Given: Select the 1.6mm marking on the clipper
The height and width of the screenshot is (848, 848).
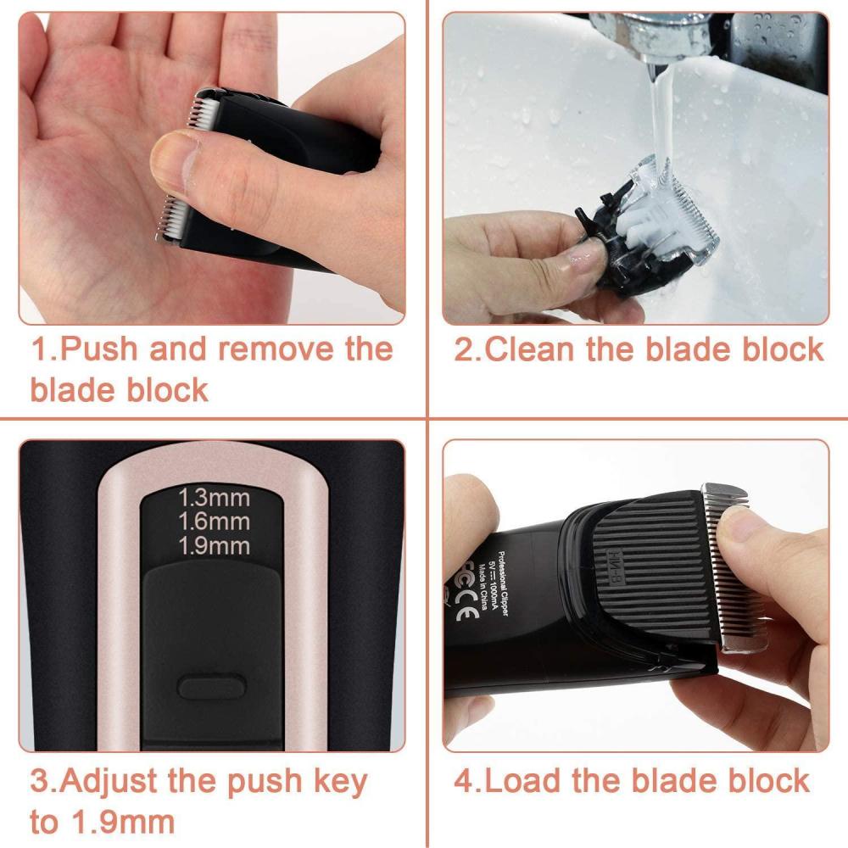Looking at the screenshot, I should pos(215,521).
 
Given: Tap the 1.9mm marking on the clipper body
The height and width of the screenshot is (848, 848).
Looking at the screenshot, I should pos(215,545).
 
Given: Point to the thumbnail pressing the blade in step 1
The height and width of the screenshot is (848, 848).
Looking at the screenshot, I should pos(170,161).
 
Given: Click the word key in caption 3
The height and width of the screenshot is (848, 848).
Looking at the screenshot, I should pos(339,782).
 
